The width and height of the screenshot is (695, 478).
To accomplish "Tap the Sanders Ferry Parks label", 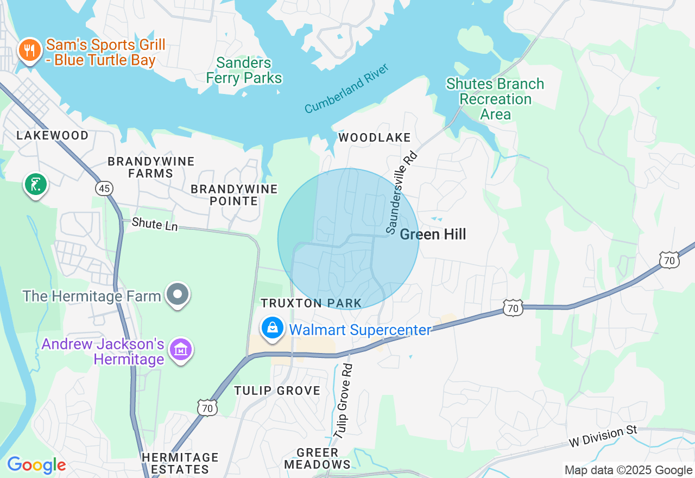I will (244, 71).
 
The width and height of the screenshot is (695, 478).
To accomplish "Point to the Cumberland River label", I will (347, 89).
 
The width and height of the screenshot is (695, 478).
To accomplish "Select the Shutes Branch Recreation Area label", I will (495, 99).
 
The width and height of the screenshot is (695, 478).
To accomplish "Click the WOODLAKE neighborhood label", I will (375, 138).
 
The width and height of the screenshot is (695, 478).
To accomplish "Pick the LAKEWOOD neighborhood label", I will (53, 135).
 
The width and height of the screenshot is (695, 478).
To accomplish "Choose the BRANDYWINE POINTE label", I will (234, 195).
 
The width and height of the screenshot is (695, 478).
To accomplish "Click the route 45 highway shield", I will (104, 188).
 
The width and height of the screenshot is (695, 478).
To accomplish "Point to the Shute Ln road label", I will (155, 223).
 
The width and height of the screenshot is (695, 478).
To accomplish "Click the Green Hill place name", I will (433, 234).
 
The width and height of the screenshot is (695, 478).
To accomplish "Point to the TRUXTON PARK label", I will (311, 303).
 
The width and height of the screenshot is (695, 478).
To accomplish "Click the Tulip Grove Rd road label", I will (344, 401).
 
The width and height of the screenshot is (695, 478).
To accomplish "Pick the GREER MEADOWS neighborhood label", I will (318, 458).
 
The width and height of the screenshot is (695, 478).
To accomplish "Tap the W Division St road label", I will (602, 436).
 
